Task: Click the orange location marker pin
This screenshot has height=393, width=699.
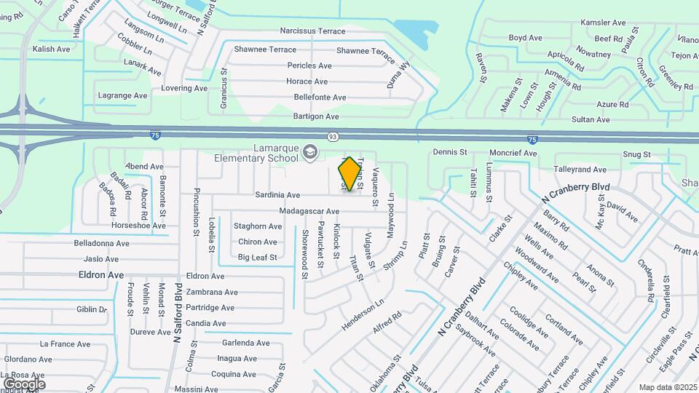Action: coord(350,173)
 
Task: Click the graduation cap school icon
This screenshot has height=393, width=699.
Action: coord(311,151)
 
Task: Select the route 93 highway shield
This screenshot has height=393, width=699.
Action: coord(333,136)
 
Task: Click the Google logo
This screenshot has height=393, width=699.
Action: coord(24,384)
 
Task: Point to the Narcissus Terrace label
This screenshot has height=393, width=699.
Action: coord(312,31)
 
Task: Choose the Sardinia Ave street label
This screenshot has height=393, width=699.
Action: coord(277,195)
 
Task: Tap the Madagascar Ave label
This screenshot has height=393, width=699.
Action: coord(309,211)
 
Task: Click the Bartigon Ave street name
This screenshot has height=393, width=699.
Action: coord(316,116)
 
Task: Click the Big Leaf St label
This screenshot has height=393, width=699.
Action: coord(257,257)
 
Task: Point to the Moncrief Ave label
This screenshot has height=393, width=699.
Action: coord(513,154)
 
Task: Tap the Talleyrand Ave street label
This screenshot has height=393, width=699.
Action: coord(580,169)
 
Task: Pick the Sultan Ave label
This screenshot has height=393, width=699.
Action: coord(591,119)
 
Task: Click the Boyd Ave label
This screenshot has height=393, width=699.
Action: coord(526,38)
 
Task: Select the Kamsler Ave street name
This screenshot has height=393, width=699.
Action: coord(603,23)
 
